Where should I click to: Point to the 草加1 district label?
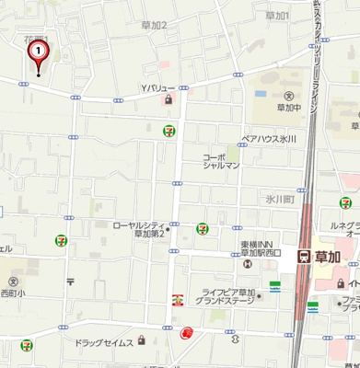click(x=276, y=16)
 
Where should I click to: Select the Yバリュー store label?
click(x=157, y=88)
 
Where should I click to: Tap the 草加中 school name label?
click(x=289, y=108)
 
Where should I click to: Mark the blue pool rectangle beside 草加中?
click(x=259, y=93)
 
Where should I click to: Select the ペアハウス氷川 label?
click(x=268, y=139)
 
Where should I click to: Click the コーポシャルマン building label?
click(x=221, y=162)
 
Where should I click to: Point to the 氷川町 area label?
click(x=279, y=198)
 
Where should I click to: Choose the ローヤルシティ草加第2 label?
click(x=138, y=228)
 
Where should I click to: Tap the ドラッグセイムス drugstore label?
click(x=105, y=341)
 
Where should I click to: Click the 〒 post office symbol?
click(x=69, y=282)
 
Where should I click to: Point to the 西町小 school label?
click(x=13, y=294)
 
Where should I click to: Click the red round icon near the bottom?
click(x=187, y=333)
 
